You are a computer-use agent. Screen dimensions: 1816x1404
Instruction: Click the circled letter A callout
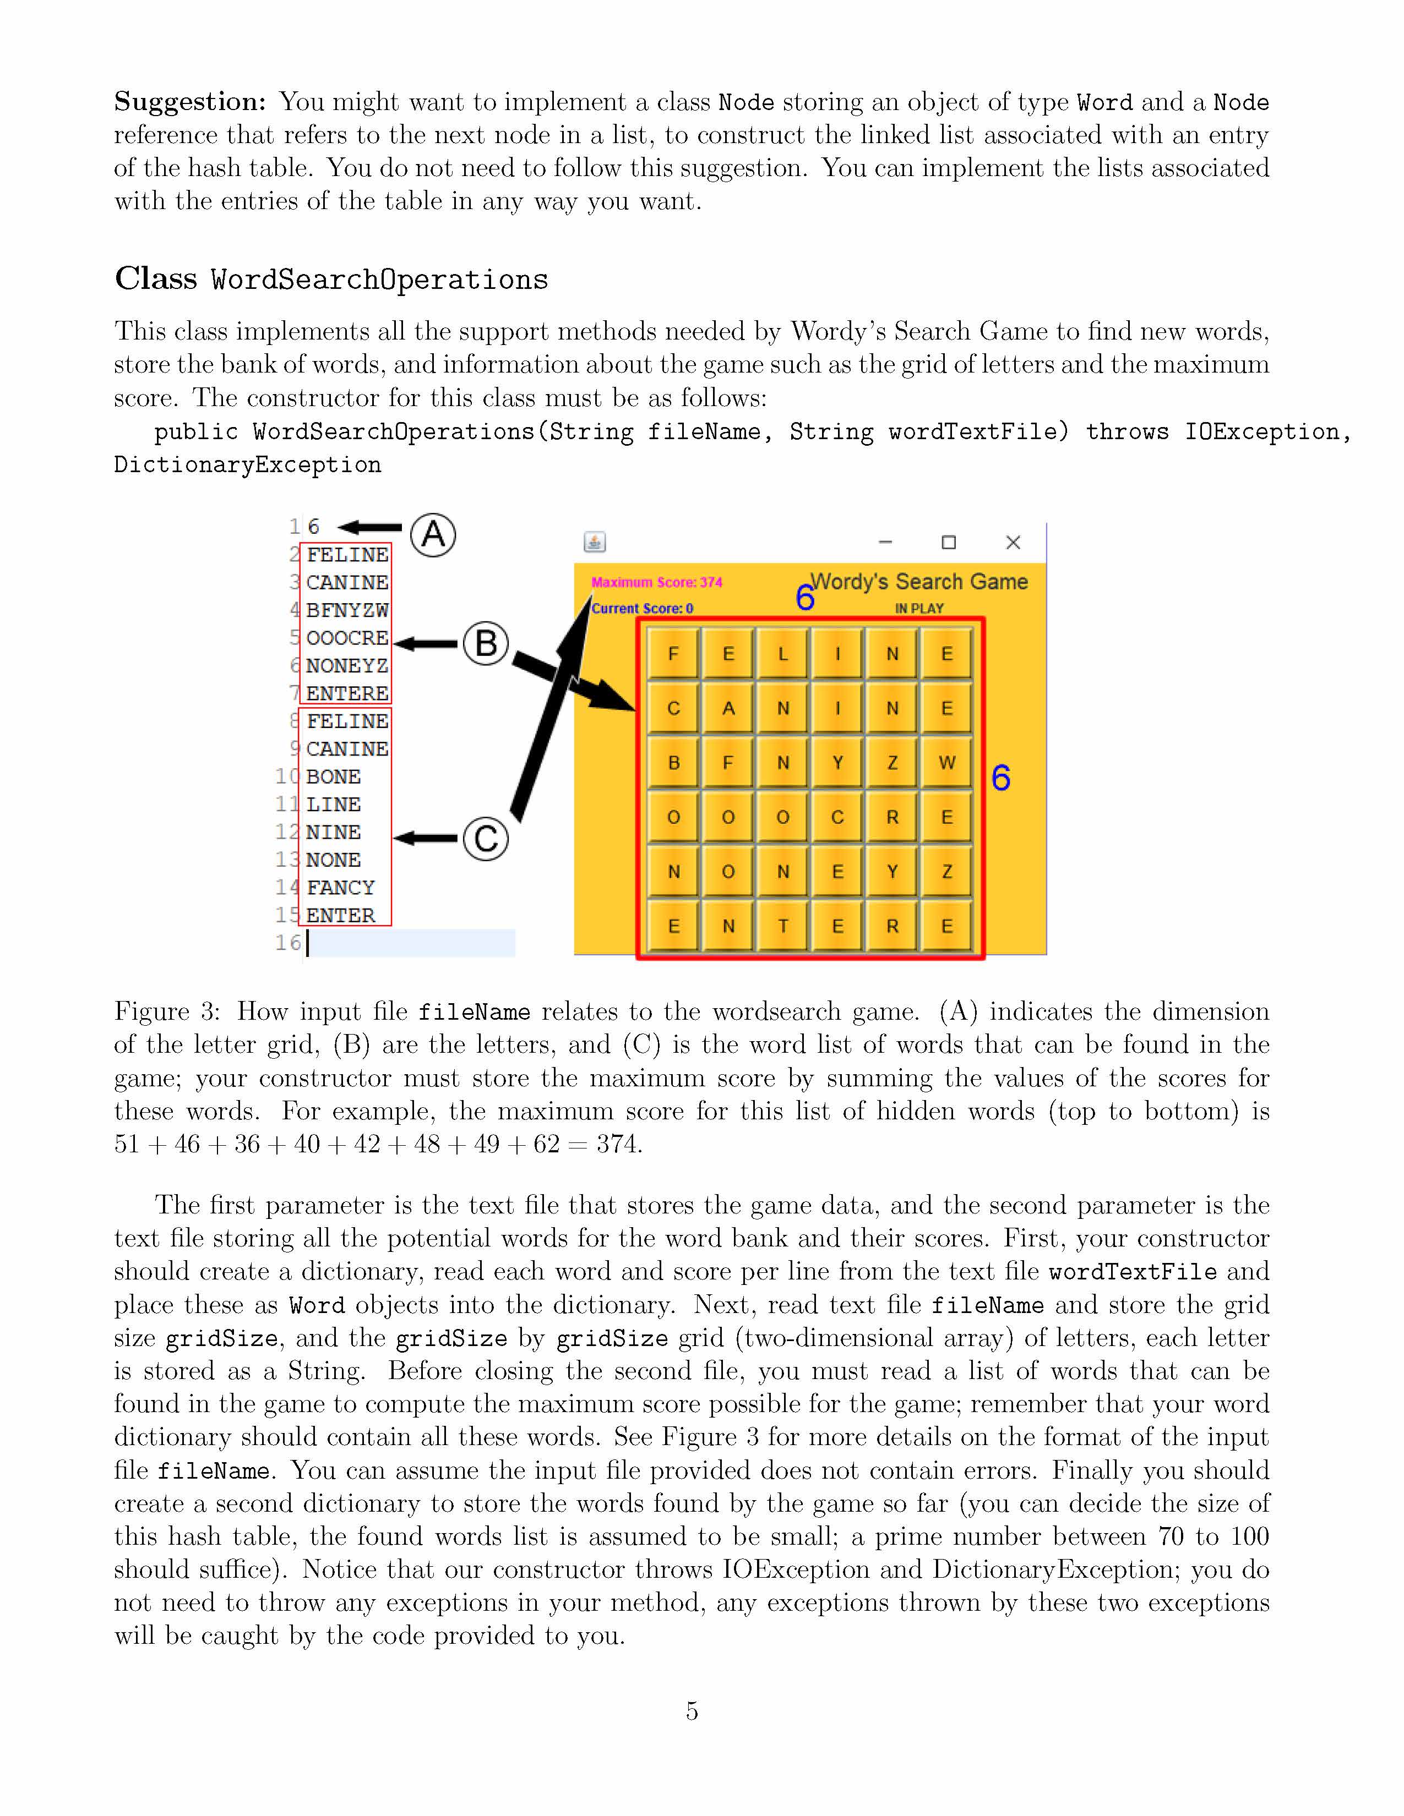(433, 535)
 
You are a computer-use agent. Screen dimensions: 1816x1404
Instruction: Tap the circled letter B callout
(486, 644)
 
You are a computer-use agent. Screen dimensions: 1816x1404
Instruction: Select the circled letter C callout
(486, 838)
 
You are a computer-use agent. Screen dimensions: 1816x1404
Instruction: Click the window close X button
(1012, 542)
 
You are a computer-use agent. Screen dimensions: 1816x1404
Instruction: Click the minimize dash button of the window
(885, 542)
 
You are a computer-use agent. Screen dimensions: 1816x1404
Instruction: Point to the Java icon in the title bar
(594, 542)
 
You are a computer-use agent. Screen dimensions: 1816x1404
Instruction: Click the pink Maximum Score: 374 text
(656, 582)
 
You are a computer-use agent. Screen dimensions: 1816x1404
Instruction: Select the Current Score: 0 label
(642, 609)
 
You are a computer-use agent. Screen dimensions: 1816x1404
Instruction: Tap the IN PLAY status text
(919, 609)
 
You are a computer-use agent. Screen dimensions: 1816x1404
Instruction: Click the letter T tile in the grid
(783, 926)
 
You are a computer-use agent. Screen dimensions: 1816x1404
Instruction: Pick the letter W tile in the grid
(946, 763)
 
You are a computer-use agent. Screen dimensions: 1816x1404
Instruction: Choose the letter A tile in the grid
(728, 708)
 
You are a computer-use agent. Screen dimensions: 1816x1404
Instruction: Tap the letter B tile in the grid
(674, 763)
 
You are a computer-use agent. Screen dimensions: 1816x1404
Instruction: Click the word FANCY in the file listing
(340, 887)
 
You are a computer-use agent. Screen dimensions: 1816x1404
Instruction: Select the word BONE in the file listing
(333, 776)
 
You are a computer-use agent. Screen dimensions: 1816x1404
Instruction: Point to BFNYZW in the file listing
(347, 610)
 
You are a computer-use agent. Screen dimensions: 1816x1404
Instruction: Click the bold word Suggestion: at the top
(189, 101)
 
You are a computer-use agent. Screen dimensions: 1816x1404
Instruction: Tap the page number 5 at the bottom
(691, 1710)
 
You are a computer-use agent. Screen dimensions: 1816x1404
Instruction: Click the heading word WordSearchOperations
(379, 280)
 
